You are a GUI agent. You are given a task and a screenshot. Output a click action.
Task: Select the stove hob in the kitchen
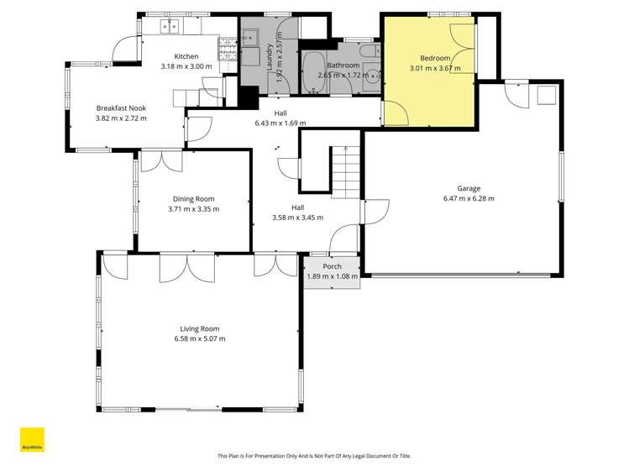coord(227,50)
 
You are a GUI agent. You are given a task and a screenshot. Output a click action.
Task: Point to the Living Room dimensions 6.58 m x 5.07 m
coord(199,338)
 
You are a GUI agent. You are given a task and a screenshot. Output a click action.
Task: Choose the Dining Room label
coord(193,199)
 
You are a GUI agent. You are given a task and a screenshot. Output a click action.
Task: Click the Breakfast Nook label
coord(121,108)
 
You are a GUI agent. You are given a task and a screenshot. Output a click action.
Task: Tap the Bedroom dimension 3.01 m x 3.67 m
coord(435,68)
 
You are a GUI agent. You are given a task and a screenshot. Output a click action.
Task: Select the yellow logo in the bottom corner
coord(32,441)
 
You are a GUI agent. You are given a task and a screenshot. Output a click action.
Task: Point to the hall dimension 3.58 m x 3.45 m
coord(297,218)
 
